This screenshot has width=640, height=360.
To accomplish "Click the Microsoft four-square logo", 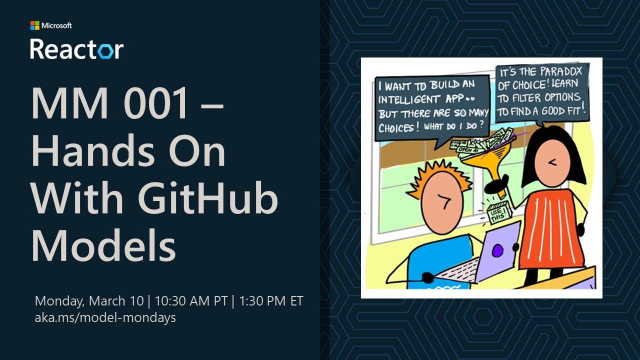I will coord(34,25).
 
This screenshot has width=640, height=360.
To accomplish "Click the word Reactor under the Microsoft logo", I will coord(76,49).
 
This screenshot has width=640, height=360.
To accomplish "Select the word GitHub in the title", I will coord(208,198).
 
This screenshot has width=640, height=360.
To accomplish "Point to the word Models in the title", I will coord(103,245).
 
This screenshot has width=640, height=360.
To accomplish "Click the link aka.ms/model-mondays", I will coord(105,317).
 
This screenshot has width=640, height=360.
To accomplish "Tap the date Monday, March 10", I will coord(88,301).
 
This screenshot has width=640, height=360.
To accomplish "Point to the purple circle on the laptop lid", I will coord(497,251).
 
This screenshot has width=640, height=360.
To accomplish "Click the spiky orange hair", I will coord(439,175).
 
